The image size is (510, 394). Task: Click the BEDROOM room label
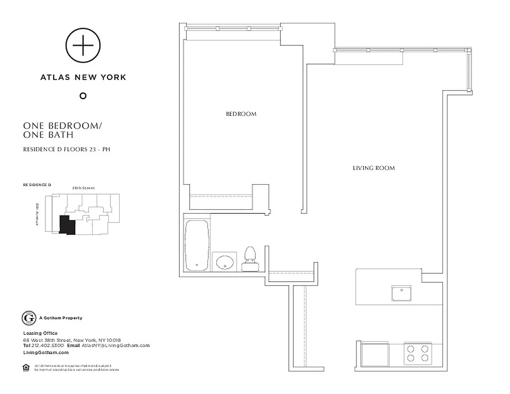click(x=241, y=114)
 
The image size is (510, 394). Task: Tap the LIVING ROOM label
click(x=374, y=168)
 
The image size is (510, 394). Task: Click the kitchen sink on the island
click(x=402, y=293)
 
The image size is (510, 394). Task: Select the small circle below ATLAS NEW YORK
click(x=83, y=96)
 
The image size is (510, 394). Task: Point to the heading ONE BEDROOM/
click(x=63, y=126)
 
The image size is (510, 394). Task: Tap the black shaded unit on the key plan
click(x=66, y=225)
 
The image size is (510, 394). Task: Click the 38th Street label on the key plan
click(x=83, y=188)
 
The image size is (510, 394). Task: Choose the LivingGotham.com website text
click(x=46, y=353)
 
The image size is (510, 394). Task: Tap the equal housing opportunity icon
click(x=26, y=367)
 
